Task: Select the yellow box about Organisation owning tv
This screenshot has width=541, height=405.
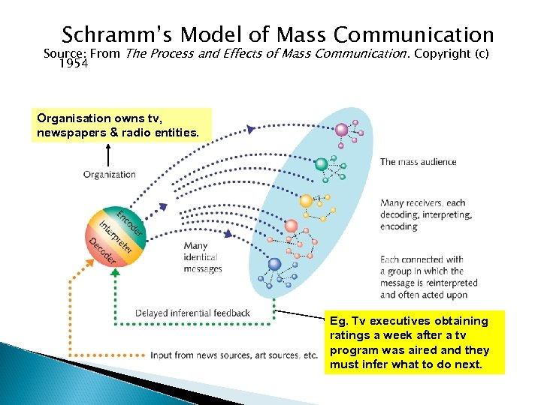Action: coord(118,125)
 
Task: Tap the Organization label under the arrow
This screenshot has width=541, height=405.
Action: coord(110,175)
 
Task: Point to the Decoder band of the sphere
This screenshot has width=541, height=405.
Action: coord(101,249)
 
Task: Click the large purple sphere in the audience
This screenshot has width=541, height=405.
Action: coord(342,130)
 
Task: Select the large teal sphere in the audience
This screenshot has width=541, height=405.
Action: coord(321,164)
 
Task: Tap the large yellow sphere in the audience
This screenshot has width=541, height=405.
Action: coord(306,201)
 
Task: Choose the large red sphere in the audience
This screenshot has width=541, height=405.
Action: coord(291,226)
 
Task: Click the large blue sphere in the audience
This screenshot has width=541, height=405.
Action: coord(274,264)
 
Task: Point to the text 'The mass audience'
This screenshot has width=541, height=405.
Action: coord(418,162)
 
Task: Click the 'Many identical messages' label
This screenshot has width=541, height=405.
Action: coord(203,257)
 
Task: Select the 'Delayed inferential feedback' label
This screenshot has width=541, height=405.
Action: coord(192,313)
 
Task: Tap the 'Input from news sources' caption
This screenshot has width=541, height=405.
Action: coord(234,355)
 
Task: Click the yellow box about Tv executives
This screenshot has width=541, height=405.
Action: coord(414,343)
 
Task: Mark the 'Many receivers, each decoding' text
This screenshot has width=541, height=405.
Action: coord(426,214)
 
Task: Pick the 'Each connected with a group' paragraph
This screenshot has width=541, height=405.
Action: coord(428,277)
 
